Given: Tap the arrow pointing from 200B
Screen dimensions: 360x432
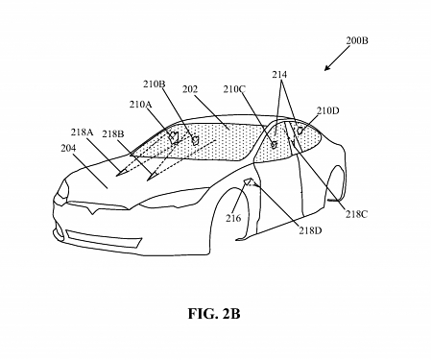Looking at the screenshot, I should coord(338,60).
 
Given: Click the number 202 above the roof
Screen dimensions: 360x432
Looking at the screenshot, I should coord(190,90).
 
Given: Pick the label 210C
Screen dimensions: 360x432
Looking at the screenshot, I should coord(233,90).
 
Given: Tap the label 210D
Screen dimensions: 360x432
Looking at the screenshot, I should coord(327,111).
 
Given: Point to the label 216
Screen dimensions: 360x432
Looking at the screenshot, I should coord(233,219).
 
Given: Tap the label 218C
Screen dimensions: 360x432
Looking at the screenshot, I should coord(356,214).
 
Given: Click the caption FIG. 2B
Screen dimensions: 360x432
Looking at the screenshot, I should coord(216,313).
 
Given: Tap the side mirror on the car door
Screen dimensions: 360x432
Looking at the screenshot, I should coord(250,181).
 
